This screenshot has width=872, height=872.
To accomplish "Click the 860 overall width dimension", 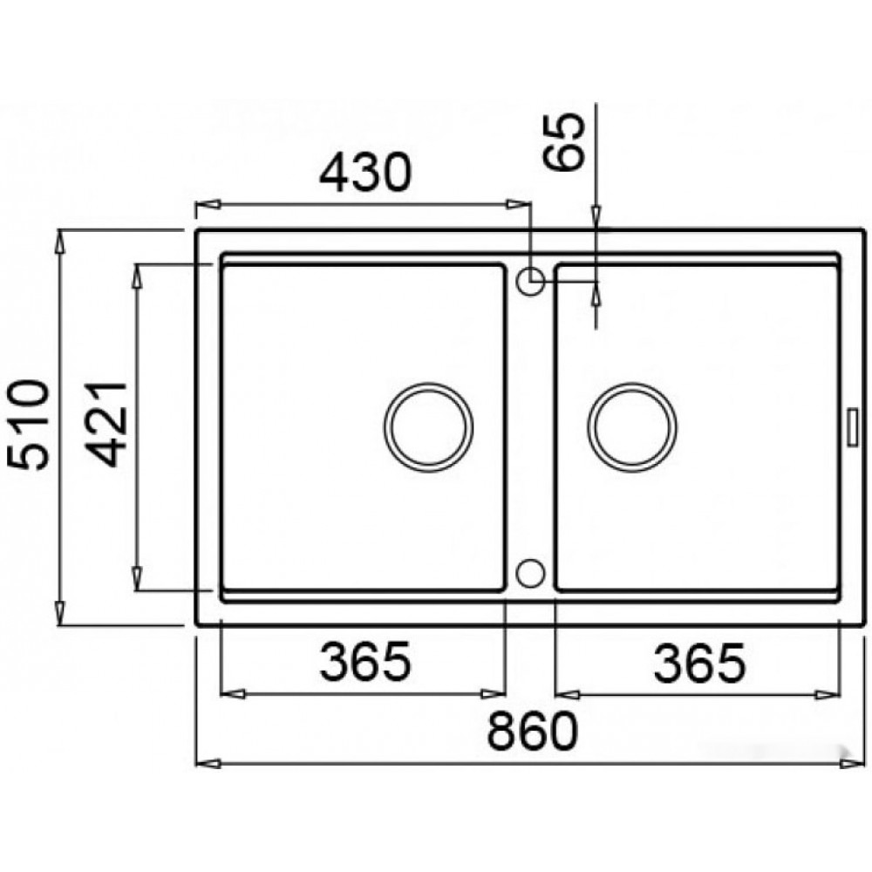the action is coord(533,732).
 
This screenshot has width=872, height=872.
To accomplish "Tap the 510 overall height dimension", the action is coord(28,425).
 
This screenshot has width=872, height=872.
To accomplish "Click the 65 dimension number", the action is coord(564,141).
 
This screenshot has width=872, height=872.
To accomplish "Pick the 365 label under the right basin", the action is coord(698,663).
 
